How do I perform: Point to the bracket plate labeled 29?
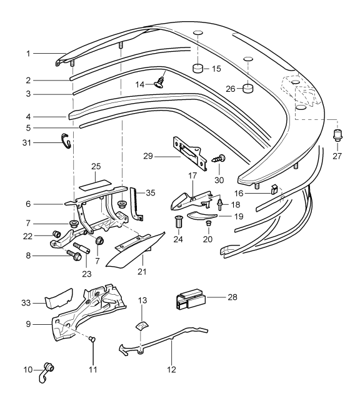pos(188,149)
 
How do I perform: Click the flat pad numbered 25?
pos(96,186)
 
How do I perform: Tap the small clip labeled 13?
pos(142,324)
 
